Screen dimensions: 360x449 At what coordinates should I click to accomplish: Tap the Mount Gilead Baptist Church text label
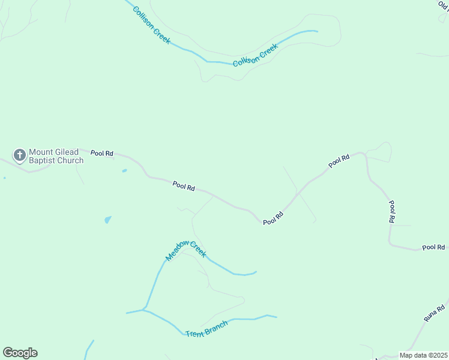[56, 156]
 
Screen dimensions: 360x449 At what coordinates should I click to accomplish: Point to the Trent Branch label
[206, 329]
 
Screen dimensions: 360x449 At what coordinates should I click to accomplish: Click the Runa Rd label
[434, 313]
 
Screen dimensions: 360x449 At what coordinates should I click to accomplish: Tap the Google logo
[20, 353]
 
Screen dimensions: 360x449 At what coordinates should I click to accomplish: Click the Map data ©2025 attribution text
[423, 355]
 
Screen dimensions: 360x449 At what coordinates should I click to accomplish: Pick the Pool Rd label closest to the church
[102, 153]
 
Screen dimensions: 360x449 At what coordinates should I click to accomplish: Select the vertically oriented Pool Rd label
[391, 212]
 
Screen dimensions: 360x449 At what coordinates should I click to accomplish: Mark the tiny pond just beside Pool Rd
[124, 171]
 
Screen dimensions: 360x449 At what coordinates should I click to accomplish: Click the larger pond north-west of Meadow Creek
[107, 220]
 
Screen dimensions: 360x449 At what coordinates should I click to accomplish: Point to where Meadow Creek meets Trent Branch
[144, 310]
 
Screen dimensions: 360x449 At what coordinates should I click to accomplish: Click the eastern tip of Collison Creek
[316, 31]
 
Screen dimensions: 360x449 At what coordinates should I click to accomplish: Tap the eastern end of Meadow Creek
[256, 272]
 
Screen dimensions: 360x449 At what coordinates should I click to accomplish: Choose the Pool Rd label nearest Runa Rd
[433, 247]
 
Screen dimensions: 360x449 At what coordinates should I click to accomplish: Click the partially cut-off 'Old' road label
[444, 4]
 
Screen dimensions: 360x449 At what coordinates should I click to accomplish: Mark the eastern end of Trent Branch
[276, 317]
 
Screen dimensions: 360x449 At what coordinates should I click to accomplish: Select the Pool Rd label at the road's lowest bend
[273, 218]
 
